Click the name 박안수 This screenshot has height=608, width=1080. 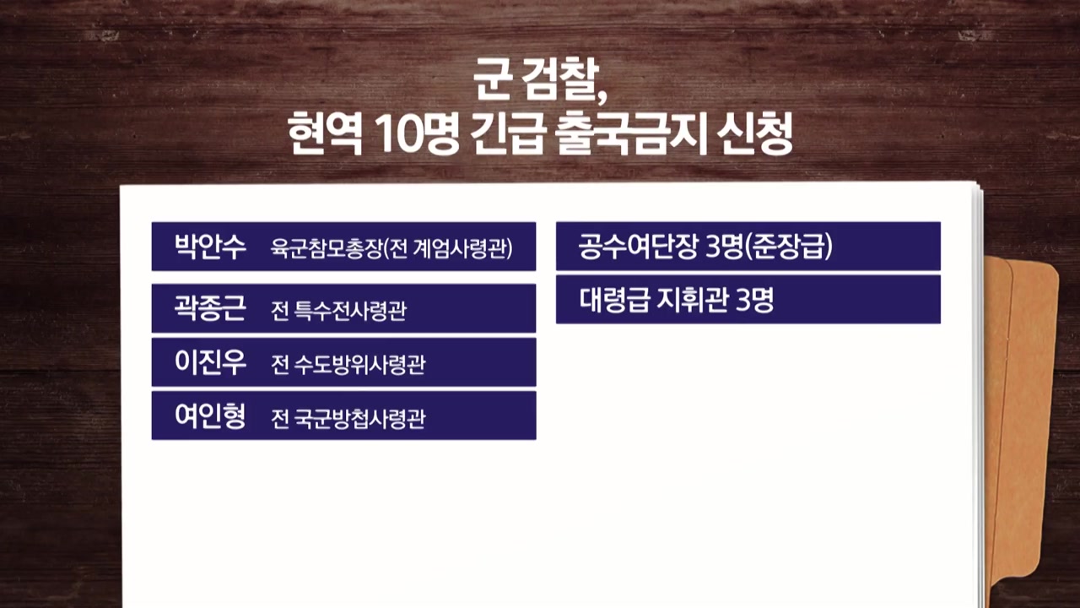coord(210,247)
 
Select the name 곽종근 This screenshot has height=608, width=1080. coord(210,308)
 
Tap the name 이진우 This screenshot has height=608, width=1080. coord(210,362)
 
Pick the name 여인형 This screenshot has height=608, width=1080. coord(210,416)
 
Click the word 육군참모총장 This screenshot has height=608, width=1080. coord(326,248)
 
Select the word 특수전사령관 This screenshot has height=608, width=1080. coord(350,310)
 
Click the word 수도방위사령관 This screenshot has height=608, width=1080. coord(359,364)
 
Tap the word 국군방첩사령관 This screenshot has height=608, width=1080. coord(359,418)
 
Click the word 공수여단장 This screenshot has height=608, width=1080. coord(639,247)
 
